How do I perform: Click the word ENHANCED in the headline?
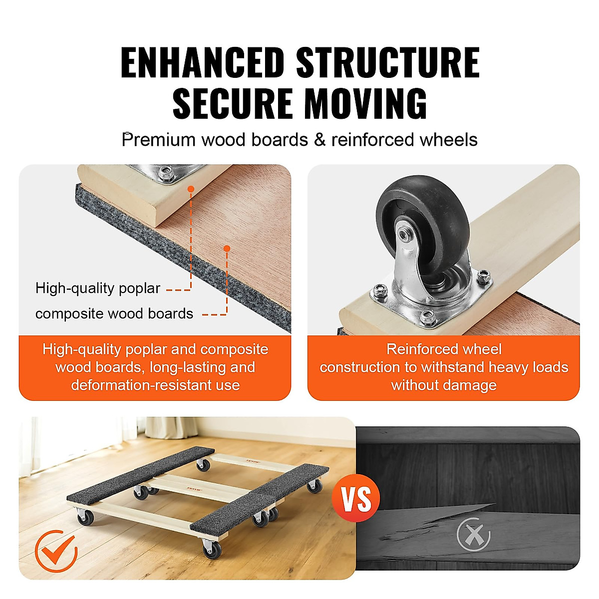click(x=202, y=63)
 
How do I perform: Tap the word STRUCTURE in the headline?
click(x=388, y=63)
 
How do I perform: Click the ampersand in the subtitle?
click(x=319, y=140)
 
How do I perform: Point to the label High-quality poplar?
click(x=98, y=288)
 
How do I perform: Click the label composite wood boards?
click(x=114, y=313)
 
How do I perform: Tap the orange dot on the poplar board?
click(x=190, y=189)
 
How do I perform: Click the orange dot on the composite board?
click(x=227, y=248)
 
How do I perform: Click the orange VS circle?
click(x=357, y=498)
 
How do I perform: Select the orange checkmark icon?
click(x=56, y=551)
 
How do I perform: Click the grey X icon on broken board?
click(x=473, y=534)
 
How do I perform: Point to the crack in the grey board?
click(x=429, y=522)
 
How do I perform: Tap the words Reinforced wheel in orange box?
click(x=444, y=349)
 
